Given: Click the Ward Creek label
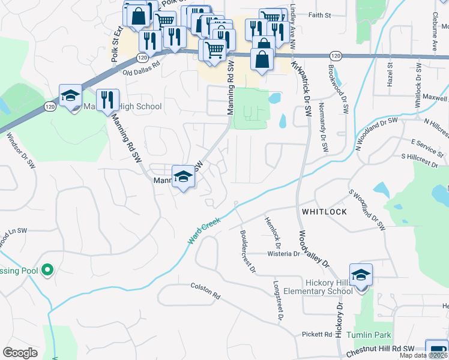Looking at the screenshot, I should (x=204, y=231).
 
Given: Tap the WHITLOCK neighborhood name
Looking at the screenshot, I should (x=324, y=212).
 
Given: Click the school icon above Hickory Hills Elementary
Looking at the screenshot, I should (x=361, y=275).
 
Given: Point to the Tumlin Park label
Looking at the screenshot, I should (x=369, y=335).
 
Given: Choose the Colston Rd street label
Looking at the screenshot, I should (x=206, y=292).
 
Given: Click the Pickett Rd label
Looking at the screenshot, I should (x=317, y=334).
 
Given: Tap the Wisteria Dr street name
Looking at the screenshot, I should (x=283, y=254).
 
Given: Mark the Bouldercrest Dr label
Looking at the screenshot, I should (x=247, y=251).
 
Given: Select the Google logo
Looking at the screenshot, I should (x=20, y=353).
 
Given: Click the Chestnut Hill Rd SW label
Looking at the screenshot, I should (x=376, y=349).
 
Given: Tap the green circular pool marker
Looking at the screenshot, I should (x=47, y=271).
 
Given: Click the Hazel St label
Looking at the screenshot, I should (x=390, y=74).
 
